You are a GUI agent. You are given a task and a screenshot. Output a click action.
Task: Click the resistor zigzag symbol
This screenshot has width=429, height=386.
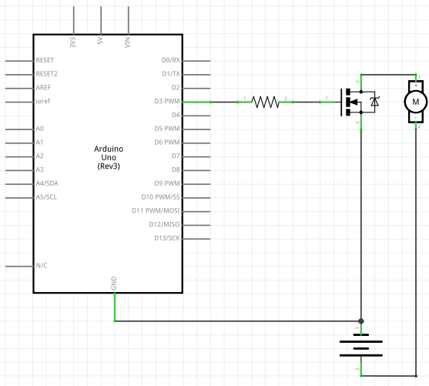point(265,102)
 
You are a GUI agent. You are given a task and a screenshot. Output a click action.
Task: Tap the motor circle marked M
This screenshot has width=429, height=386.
point(416,102)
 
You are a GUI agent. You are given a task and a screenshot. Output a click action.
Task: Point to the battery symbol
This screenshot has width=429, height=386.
point(361,345)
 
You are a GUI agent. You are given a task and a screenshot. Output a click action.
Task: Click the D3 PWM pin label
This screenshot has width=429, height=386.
point(167,101)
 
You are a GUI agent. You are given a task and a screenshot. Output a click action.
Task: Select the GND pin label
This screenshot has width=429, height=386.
point(114,284)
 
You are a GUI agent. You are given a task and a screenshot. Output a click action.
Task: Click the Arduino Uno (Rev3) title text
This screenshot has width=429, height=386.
point(109,157)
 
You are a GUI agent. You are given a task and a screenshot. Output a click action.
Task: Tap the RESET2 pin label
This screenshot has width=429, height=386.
point(46,74)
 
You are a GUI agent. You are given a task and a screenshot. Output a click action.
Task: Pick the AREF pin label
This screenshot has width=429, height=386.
point(43,88)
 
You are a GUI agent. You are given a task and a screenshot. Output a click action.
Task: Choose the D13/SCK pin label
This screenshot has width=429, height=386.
point(167,238)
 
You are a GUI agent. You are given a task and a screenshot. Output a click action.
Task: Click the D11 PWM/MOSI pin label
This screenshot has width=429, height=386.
point(156,211)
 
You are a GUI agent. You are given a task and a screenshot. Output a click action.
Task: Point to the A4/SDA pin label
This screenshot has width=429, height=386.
point(47,183)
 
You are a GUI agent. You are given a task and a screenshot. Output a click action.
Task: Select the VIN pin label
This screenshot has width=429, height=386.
point(128,42)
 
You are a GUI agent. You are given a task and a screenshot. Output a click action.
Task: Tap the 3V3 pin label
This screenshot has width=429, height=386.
point(72,42)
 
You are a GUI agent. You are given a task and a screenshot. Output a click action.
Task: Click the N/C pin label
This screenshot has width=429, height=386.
point(42,266)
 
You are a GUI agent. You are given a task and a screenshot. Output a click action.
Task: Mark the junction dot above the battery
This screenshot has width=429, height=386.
point(361,321)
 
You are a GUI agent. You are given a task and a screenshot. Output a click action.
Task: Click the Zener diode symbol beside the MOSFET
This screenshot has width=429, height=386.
point(374,102)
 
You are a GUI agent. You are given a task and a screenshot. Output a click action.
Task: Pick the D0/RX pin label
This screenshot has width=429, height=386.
point(171,60)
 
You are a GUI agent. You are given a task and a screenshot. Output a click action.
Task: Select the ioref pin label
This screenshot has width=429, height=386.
point(43,101)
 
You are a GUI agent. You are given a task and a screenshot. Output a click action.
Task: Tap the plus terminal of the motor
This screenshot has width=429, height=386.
point(416,86)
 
